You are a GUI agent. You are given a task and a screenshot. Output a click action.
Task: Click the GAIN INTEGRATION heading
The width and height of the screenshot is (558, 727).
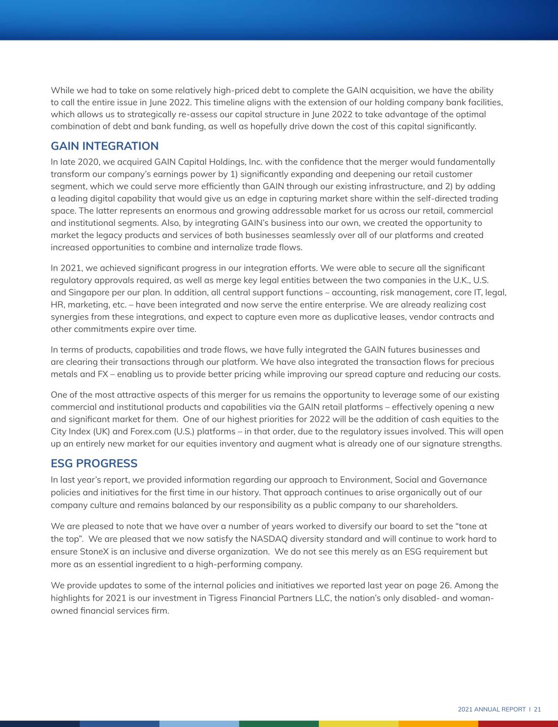104,146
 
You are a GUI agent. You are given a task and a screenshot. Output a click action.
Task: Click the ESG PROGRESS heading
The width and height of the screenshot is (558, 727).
94,463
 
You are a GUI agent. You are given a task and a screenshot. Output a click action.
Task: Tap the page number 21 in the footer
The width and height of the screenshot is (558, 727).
537,709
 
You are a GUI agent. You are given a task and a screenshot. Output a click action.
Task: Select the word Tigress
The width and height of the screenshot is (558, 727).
195,598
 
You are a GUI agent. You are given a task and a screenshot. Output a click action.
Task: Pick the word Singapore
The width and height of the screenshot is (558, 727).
89,292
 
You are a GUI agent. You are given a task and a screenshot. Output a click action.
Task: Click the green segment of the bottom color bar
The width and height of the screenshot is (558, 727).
279,723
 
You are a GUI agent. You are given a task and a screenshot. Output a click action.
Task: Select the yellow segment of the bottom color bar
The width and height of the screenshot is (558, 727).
358,723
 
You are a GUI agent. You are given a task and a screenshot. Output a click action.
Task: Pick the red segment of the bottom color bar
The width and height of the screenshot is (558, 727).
518,723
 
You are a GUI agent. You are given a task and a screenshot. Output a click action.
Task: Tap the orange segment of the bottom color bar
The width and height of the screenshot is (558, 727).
438,723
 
